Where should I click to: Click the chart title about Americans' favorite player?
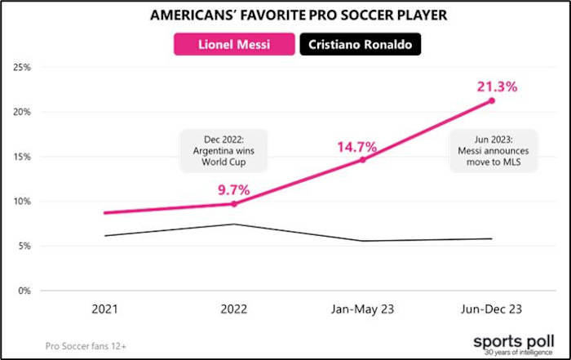click(285, 16)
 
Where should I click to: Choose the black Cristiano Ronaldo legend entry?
click(360, 43)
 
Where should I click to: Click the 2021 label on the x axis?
click(105, 309)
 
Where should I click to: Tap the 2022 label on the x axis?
click(234, 309)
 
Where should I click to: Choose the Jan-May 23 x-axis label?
click(362, 309)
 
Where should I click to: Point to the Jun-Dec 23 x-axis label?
click(491, 309)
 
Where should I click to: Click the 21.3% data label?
click(491, 86)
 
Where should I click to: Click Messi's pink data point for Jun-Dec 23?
click(491, 100)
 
